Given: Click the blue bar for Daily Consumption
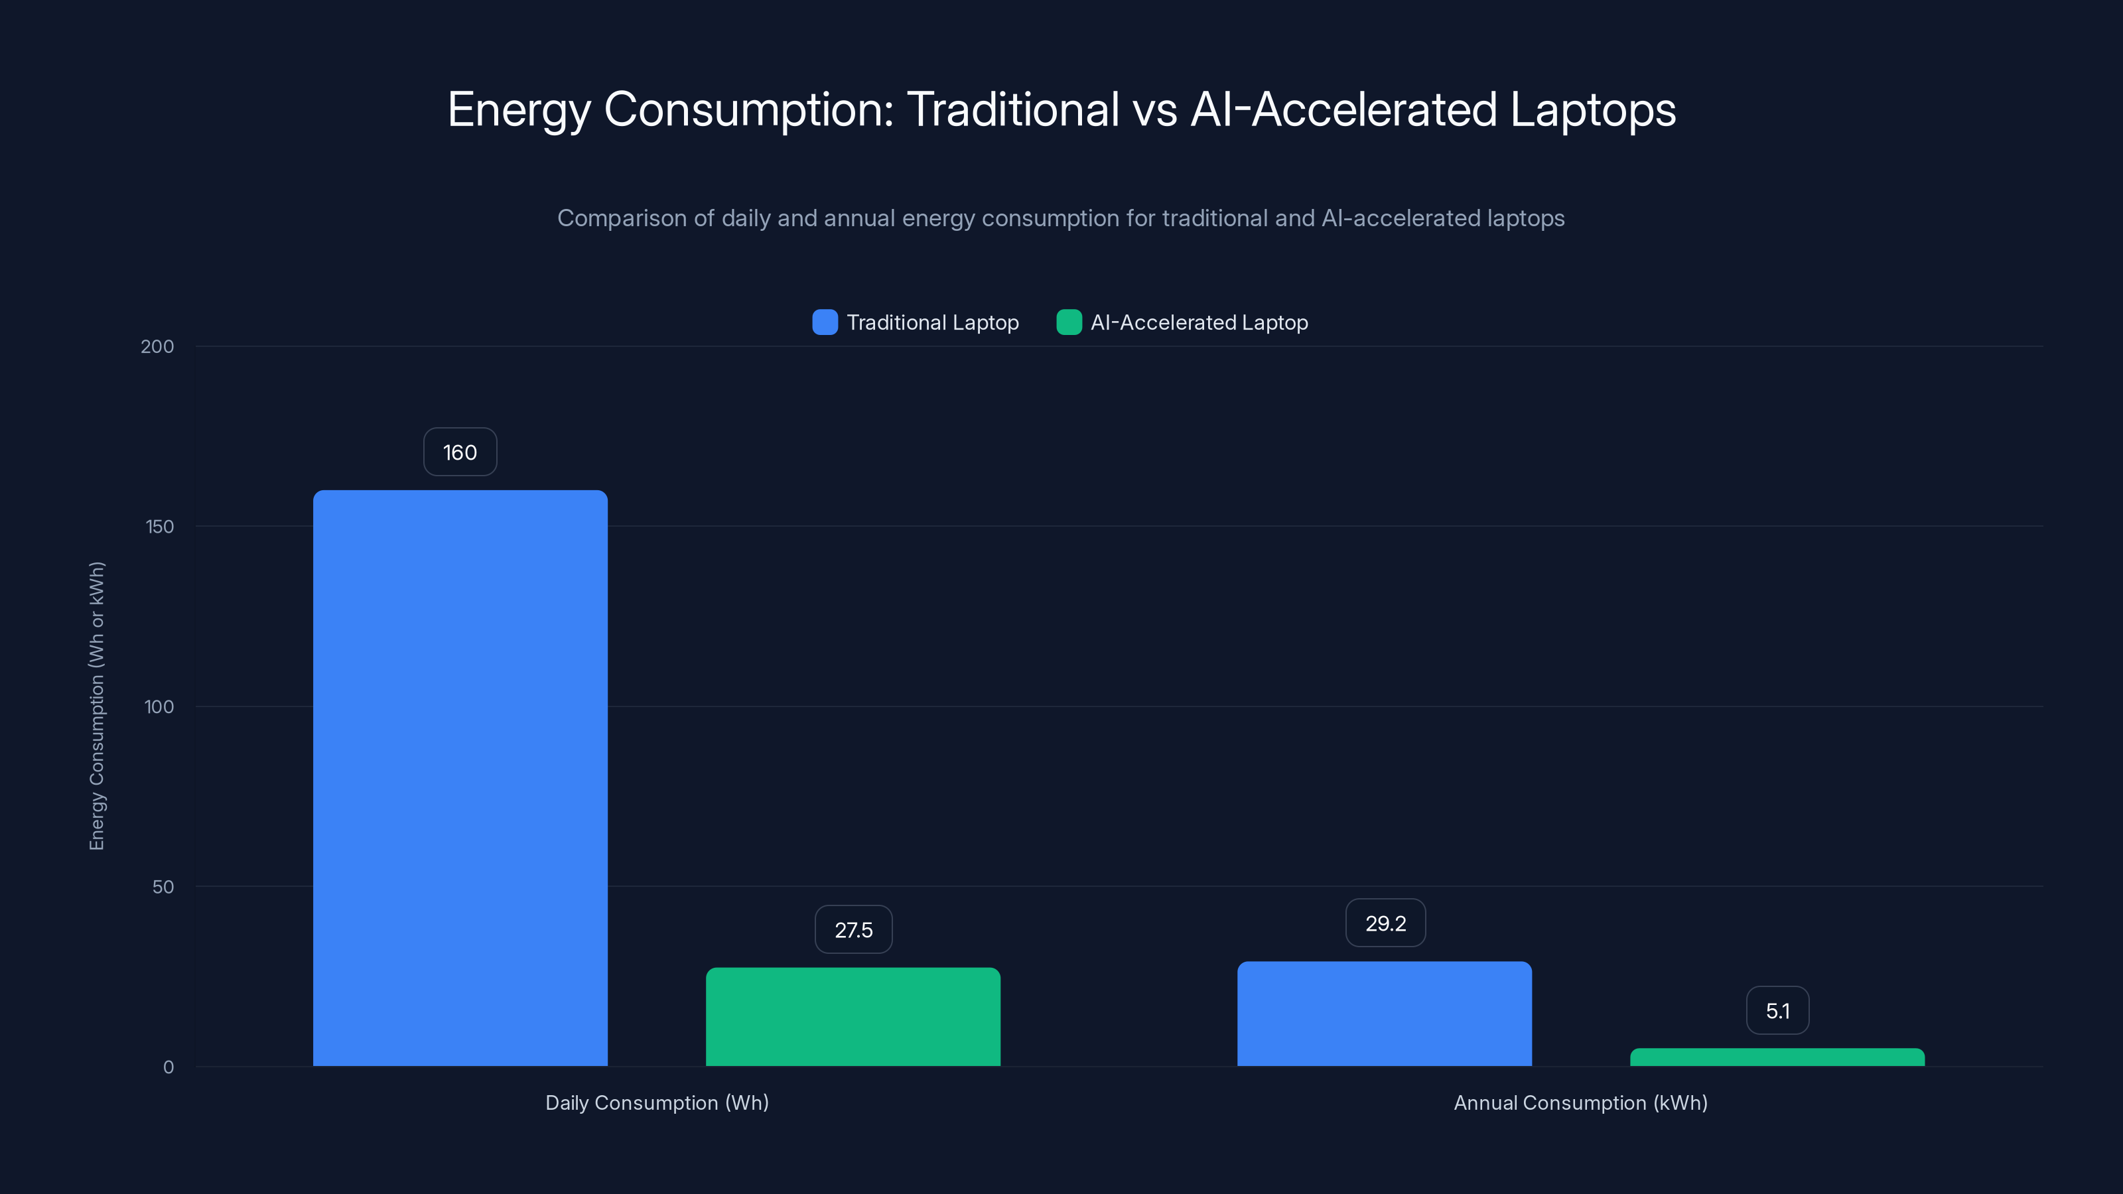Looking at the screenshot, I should click(x=460, y=778).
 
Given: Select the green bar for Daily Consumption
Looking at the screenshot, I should click(x=853, y=1017).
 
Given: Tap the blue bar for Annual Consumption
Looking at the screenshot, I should click(x=1385, y=1014).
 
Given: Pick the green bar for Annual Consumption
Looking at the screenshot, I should click(x=1777, y=1057).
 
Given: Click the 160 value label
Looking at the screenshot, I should click(x=460, y=452).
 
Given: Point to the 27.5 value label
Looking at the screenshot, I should click(x=853, y=930).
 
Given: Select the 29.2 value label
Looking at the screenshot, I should click(x=1385, y=924).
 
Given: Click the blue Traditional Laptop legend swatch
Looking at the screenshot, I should click(x=825, y=322).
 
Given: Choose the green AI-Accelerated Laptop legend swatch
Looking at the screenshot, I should click(x=1069, y=322).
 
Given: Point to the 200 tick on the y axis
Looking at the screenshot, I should click(x=157, y=347).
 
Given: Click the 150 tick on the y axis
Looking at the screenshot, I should click(x=160, y=527).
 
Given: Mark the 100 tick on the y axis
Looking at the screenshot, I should click(x=159, y=707).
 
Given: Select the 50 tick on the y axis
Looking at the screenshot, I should click(x=163, y=888).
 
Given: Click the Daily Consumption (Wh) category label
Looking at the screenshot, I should click(x=657, y=1103).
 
